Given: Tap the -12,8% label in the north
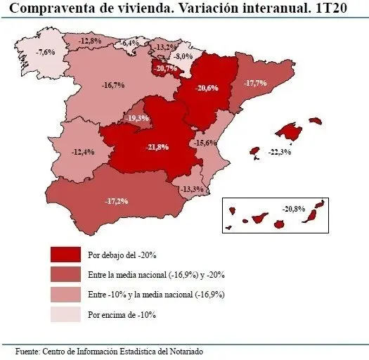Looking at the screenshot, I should (89, 41).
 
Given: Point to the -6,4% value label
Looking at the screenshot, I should (129, 44).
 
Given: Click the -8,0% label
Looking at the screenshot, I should (183, 56).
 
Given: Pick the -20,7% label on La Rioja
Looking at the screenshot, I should (166, 68).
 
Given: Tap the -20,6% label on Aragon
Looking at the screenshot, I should (207, 89).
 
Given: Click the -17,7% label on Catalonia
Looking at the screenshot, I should (256, 83).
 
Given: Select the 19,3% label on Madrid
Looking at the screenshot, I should (137, 118).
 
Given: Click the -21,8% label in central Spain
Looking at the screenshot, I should (156, 147).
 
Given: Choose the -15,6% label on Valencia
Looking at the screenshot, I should (206, 143).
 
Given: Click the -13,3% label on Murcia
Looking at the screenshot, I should (192, 189).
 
